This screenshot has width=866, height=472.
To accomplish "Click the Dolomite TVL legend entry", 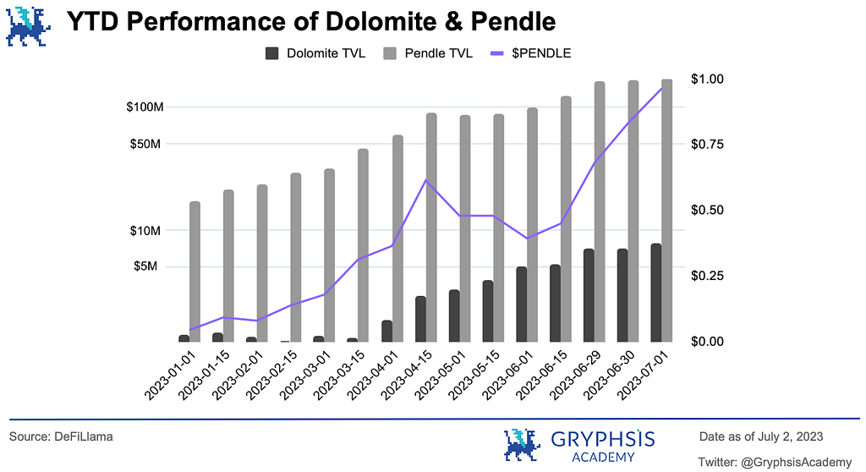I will (315, 53).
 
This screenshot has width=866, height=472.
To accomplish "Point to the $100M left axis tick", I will (145, 107).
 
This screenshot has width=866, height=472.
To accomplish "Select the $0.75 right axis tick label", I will (708, 144).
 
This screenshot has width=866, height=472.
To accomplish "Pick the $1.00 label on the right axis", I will (708, 79).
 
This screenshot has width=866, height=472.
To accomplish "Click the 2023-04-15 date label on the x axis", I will (406, 375).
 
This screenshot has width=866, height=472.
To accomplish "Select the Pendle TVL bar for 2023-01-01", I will (195, 271).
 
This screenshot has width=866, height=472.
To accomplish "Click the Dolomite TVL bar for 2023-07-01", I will (656, 293).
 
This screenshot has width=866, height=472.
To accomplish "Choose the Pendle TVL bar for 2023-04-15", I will (431, 227).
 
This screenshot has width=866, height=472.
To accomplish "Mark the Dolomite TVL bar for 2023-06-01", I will (522, 304).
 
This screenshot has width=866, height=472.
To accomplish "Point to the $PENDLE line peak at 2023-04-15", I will (426, 180).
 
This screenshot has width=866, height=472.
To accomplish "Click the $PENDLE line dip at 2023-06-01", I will (527, 239).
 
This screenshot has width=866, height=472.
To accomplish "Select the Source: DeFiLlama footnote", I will (61, 436).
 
